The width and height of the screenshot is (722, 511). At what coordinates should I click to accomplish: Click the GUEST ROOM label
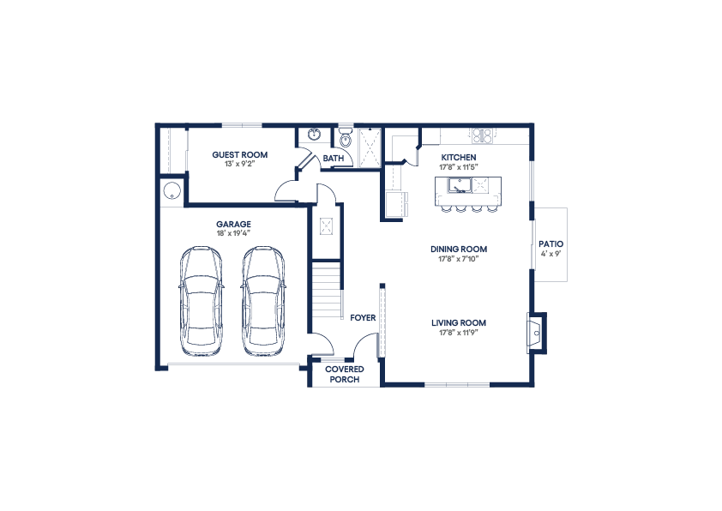tap(239, 154)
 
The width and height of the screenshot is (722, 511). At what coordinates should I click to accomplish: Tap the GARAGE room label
tap(233, 224)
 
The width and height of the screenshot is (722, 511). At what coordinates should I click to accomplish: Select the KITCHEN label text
tap(459, 158)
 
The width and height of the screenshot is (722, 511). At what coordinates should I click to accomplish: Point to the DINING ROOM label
tap(459, 249)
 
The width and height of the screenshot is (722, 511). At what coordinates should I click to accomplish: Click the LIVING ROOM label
tap(459, 322)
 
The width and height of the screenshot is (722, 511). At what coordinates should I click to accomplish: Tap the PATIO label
tap(551, 244)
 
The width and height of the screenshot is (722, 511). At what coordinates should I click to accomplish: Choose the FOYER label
tap(363, 317)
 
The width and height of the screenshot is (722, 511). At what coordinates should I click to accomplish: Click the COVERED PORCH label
tap(345, 375)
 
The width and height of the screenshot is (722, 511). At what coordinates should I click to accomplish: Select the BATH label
tap(333, 159)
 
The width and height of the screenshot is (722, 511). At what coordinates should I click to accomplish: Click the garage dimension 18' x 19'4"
tap(233, 233)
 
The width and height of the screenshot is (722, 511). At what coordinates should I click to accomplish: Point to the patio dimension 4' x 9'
tap(551, 254)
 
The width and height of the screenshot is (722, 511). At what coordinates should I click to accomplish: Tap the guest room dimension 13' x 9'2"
tap(239, 164)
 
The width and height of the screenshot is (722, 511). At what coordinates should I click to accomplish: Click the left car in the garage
tap(202, 302)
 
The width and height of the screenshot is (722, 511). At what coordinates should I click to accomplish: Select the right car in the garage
tap(263, 302)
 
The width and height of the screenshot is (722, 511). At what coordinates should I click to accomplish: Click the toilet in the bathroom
tap(345, 138)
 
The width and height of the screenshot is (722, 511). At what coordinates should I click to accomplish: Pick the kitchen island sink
tap(460, 185)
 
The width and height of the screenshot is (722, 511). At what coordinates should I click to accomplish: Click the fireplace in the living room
tap(535, 334)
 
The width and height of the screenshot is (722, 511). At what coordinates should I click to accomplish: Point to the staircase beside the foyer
tap(328, 290)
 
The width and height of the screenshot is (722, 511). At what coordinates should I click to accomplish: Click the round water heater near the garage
tap(171, 190)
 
